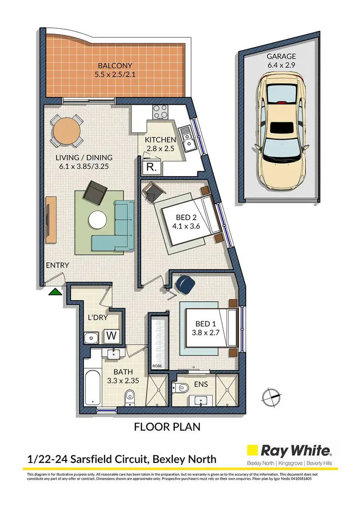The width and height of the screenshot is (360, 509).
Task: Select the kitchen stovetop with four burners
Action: click(x=160, y=113)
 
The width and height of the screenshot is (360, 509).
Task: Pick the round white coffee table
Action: click(x=98, y=220)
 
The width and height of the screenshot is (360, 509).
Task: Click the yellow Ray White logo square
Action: click(x=252, y=450)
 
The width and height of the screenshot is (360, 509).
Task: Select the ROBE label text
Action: click(x=157, y=366)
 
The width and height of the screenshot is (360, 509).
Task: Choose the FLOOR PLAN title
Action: click(x=167, y=426)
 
